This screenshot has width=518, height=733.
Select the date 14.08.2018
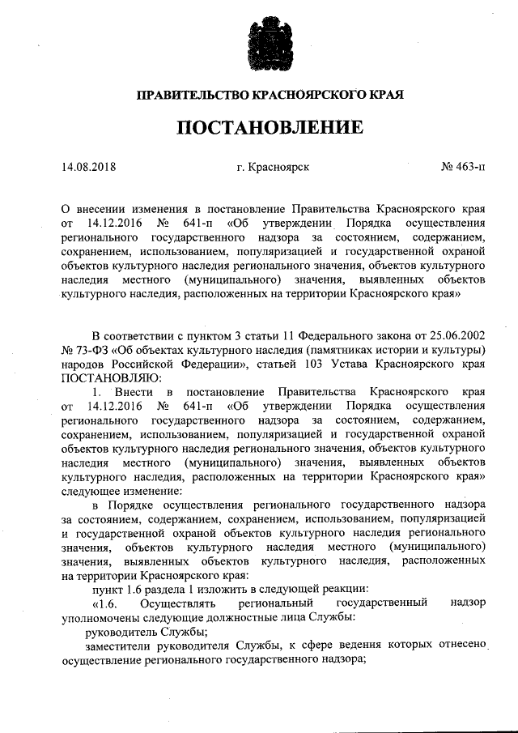(x=89, y=168)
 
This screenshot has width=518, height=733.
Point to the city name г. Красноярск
(x=267, y=168)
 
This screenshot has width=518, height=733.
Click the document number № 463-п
(x=464, y=168)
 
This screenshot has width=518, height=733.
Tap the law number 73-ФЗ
(x=93, y=350)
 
